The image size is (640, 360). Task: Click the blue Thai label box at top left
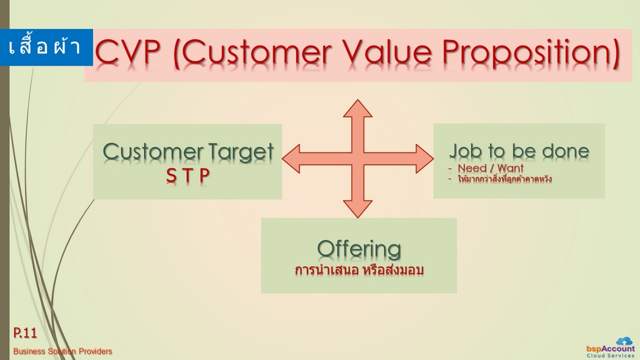pos(46,47)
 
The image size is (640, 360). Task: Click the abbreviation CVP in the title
pos(127,52)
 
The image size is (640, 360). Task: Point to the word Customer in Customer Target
pos(154,152)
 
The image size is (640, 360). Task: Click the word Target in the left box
pos(241,152)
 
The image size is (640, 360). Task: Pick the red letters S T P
pos(187,176)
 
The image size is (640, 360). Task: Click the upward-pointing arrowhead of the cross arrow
pos(357,108)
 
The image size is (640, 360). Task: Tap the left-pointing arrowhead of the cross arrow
pos(291,159)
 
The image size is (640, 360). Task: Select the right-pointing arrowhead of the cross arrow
pos(425,159)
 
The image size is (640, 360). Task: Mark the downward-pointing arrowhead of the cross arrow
pos(357,209)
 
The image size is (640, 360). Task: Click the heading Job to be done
pos(519,151)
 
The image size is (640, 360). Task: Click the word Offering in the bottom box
pos(359,249)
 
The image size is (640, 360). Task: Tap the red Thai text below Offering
pos(359,270)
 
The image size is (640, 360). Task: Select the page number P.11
pos(25,332)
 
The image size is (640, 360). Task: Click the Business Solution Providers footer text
pos(62,351)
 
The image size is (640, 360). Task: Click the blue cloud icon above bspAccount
pos(624,341)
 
